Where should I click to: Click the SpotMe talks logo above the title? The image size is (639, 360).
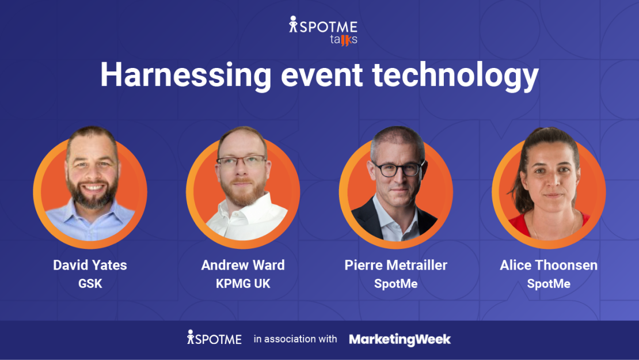point(323,31)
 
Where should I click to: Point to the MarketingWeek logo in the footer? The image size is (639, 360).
point(400,339)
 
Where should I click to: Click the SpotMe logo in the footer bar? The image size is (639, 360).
point(214,339)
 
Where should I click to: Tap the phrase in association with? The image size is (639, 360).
point(295,339)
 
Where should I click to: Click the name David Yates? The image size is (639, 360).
point(90,265)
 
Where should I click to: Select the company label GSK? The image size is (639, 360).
point(90,283)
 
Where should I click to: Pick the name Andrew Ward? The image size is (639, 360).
point(243,265)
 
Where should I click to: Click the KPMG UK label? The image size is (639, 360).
point(243,283)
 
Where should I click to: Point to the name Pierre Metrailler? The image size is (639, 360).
point(395,265)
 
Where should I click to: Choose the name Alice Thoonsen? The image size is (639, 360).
point(549,265)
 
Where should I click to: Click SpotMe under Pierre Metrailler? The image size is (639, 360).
point(395,283)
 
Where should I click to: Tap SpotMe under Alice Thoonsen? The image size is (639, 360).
point(549,283)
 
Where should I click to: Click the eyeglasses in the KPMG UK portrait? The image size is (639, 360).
point(242,162)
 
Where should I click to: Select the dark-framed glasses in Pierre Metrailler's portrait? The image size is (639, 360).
point(397,168)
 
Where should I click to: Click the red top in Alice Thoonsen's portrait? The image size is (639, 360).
point(521,226)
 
